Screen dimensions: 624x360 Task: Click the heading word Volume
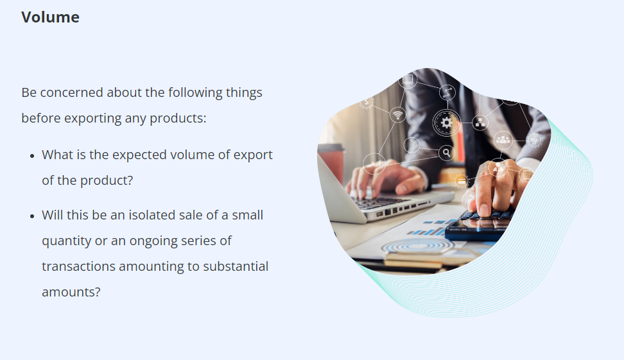(x=50, y=17)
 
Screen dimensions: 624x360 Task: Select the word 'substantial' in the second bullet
(x=236, y=266)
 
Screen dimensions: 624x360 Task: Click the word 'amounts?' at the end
(x=71, y=293)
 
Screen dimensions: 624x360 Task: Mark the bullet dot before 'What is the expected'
(x=32, y=156)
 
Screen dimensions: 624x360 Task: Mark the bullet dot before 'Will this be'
(x=32, y=216)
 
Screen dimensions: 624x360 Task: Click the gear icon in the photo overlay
(x=446, y=122)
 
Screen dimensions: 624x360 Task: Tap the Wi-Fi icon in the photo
(x=397, y=115)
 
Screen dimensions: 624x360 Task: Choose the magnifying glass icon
(x=447, y=152)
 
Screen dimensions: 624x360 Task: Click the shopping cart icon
(x=533, y=141)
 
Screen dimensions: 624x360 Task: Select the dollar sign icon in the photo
(x=367, y=102)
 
